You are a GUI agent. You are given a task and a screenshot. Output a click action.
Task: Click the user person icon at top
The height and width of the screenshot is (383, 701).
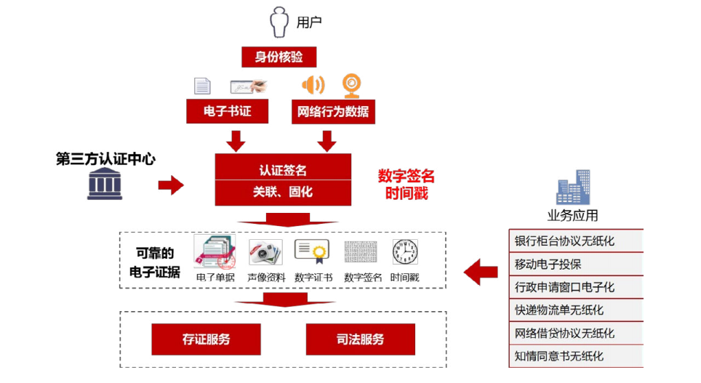(280, 22)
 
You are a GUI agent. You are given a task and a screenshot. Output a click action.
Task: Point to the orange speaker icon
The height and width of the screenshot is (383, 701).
(313, 85)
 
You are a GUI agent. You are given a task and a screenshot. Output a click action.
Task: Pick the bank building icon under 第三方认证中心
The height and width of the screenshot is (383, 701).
(105, 184)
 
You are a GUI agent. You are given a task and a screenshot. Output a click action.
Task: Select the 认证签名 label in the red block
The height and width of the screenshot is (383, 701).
(283, 170)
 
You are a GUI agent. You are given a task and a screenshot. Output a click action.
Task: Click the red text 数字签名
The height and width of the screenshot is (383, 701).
(406, 176)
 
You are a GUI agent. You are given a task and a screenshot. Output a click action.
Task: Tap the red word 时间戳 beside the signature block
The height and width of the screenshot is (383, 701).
(406, 193)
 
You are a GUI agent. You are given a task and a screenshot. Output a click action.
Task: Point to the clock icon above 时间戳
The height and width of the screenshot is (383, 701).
(405, 251)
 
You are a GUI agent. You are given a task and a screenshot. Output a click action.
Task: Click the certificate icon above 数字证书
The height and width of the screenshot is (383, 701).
(312, 251)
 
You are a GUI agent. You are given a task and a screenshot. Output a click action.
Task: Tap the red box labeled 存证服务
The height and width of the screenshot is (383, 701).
(206, 339)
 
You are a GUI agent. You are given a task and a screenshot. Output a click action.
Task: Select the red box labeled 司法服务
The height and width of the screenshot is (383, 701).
(360, 339)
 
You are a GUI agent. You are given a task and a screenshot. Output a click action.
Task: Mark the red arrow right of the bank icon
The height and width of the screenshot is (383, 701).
(171, 185)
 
